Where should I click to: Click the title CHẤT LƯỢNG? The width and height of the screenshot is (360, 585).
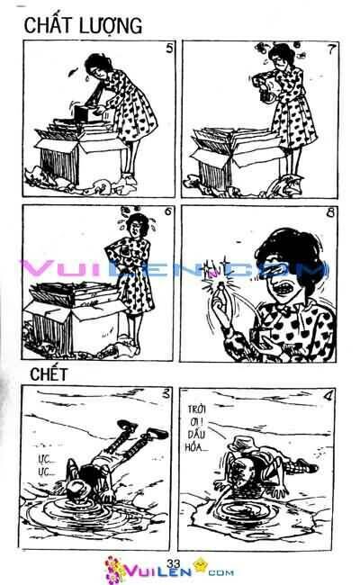click(81, 26)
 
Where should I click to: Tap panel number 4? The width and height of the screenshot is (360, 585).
click(331, 394)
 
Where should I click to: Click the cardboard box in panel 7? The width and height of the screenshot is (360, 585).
click(238, 157)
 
